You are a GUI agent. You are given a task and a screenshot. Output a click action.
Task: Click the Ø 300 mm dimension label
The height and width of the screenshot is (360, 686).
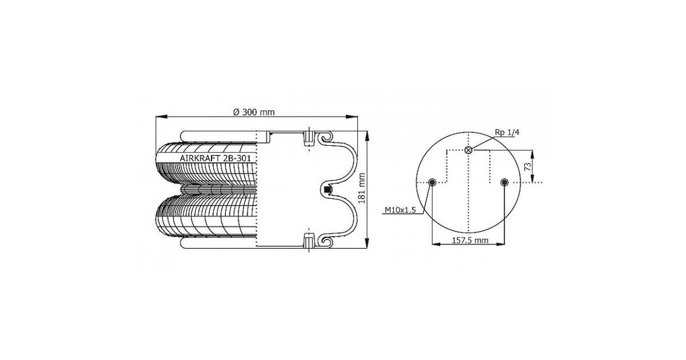click(254, 113)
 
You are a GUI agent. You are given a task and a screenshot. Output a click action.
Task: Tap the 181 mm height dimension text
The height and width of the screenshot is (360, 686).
click(362, 189)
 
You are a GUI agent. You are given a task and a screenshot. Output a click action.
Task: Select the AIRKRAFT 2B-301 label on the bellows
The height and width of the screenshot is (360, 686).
click(216, 158)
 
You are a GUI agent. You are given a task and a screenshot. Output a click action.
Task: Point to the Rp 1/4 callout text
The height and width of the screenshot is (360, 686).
click(507, 132)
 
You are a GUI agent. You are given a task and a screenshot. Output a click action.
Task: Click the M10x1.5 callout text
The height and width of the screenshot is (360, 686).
click(400, 210)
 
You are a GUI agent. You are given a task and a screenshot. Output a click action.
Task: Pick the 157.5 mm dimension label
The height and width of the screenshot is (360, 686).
click(470, 241)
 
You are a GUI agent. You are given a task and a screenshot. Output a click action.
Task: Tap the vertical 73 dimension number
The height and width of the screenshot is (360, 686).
click(527, 167)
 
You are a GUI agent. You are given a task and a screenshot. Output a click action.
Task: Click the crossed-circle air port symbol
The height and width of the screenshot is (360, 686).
click(468, 150)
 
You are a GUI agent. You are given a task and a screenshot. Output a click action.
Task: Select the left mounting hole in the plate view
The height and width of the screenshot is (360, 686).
click(432, 182)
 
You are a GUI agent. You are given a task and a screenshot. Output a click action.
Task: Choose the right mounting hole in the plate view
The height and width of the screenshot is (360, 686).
click(504, 182)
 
